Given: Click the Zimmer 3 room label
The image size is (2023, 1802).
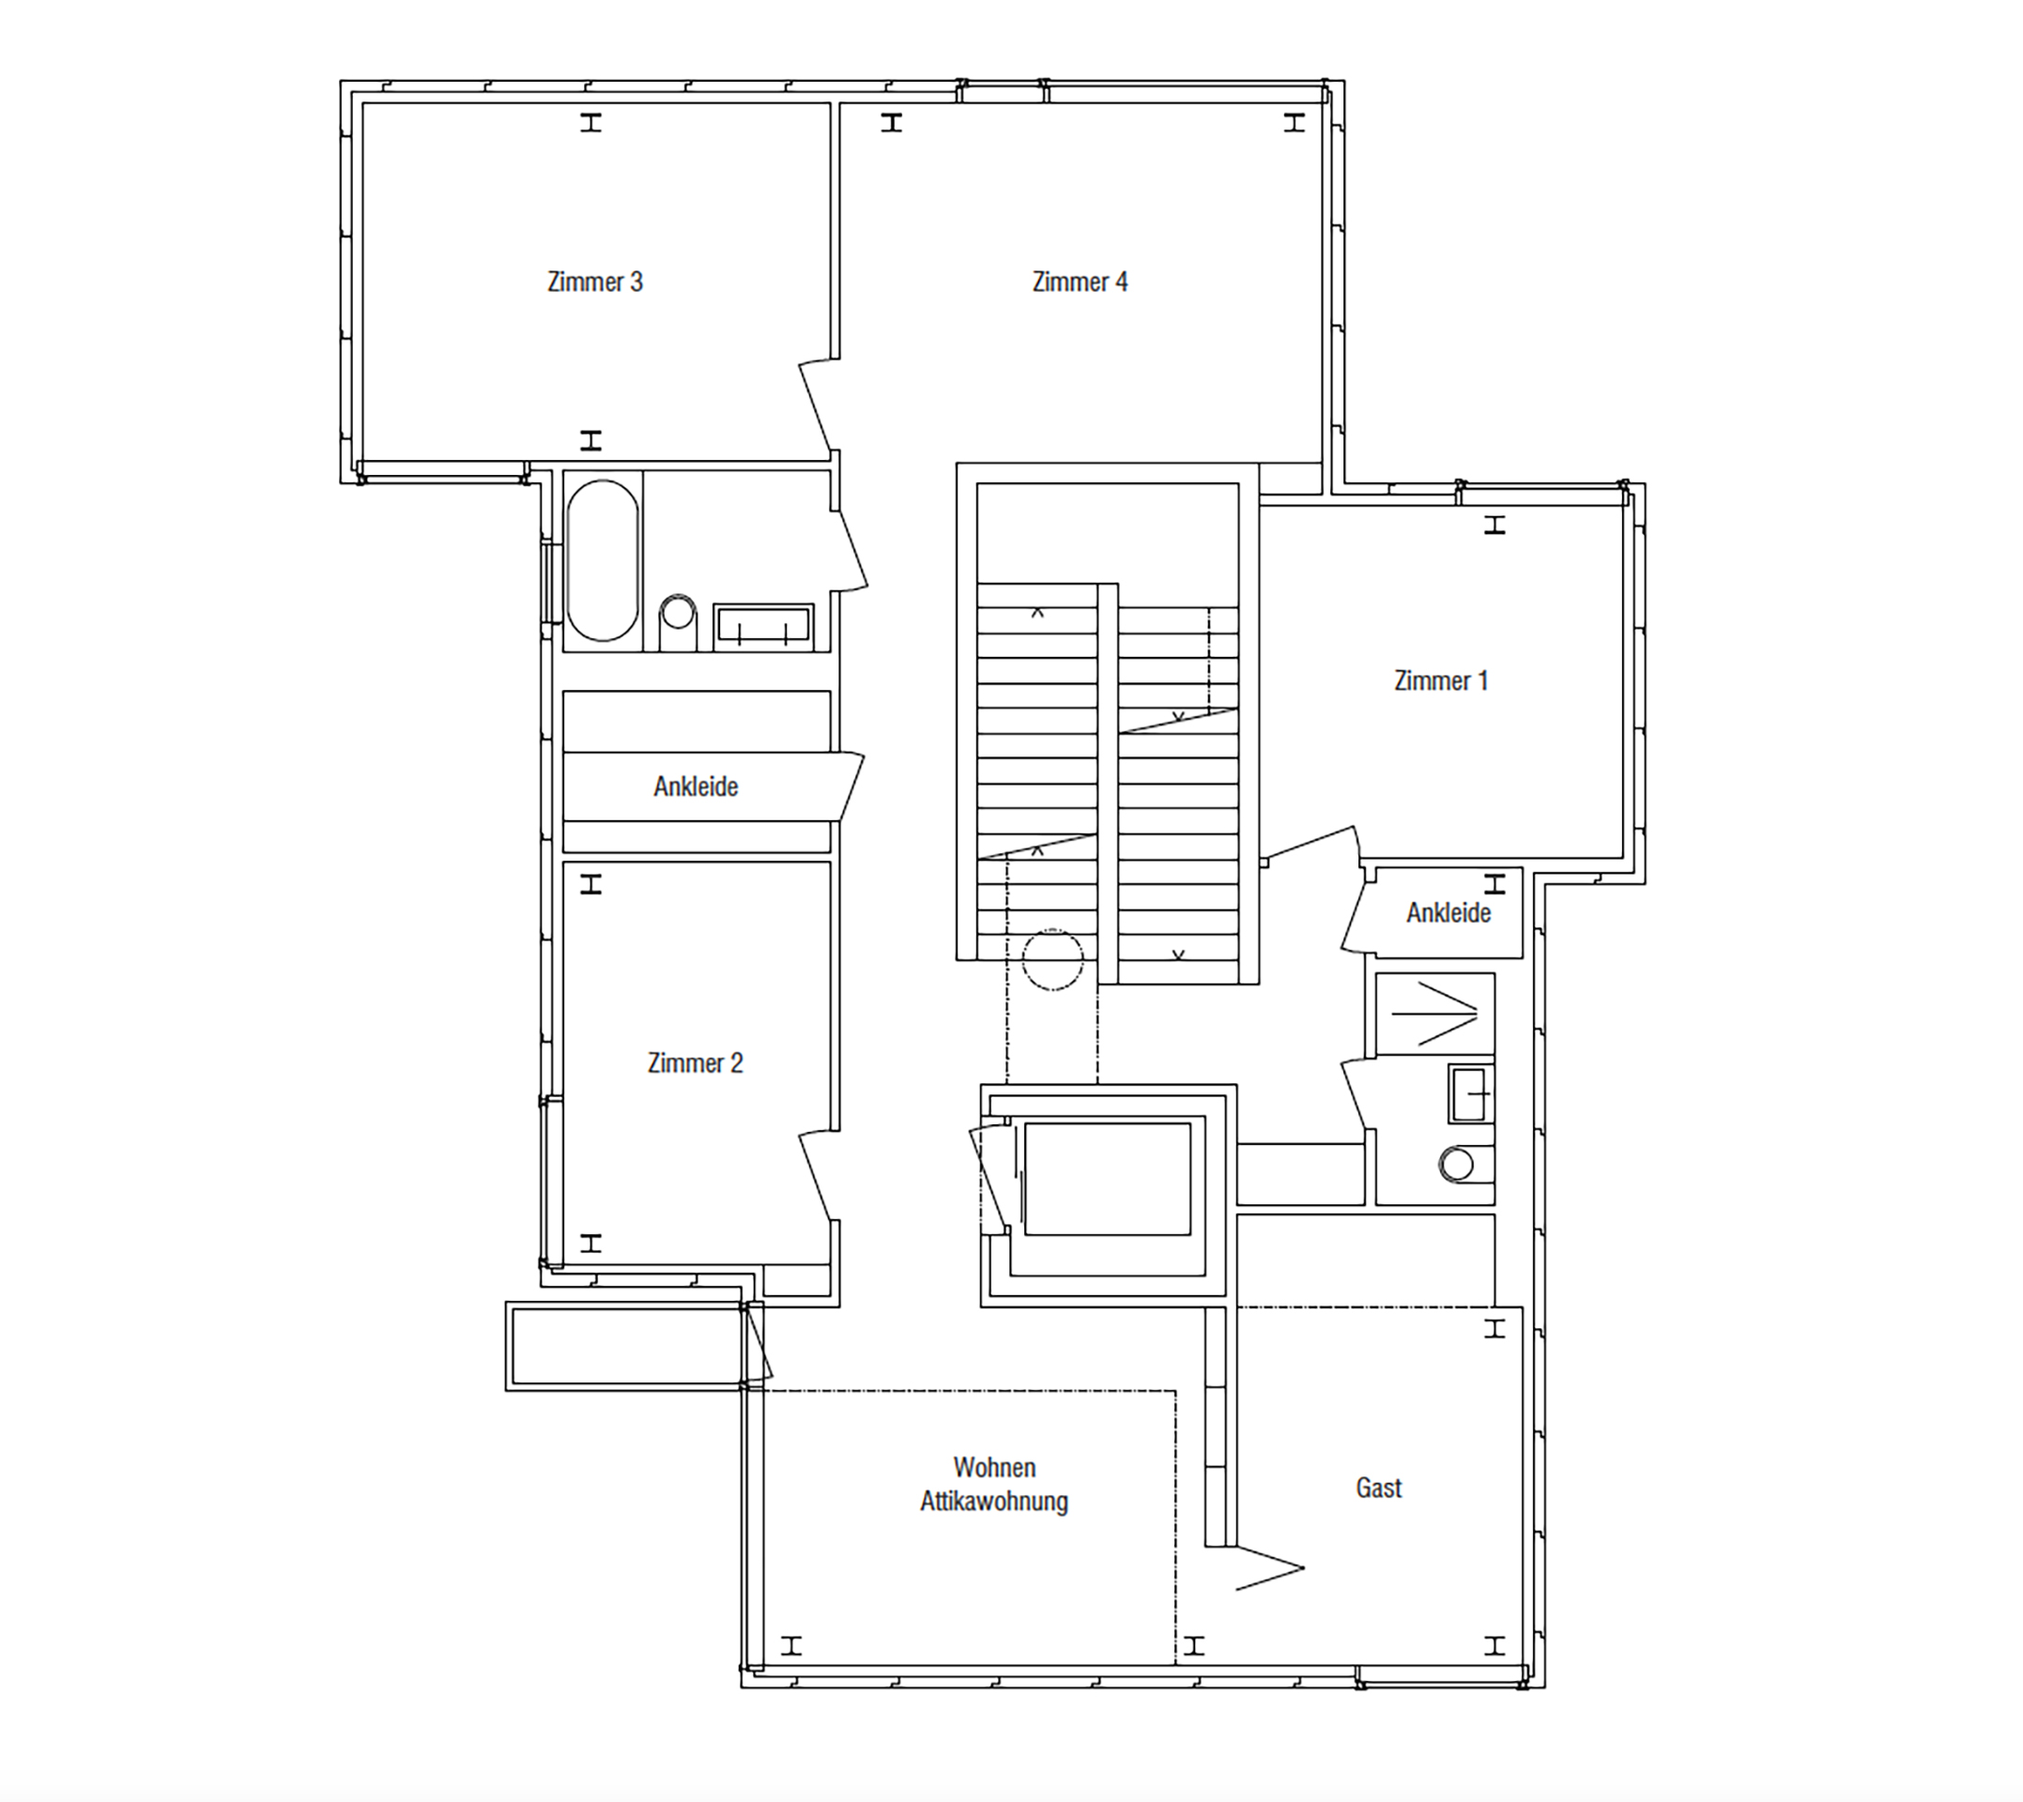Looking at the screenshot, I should [595, 283].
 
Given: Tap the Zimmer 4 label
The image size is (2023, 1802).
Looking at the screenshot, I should [1080, 283].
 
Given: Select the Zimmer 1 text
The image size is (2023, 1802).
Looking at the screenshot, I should [1441, 681].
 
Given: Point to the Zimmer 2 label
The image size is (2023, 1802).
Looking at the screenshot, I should [695, 1063].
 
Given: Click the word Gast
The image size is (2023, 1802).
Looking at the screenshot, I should [1378, 1489].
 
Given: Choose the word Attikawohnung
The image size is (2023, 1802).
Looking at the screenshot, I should [994, 1501].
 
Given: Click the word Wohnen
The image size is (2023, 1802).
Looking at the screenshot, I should [994, 1467].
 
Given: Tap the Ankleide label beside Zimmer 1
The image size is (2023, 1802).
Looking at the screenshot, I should [1448, 913].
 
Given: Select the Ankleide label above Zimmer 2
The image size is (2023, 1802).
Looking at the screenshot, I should [695, 787].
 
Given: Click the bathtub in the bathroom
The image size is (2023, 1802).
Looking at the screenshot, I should [602, 560].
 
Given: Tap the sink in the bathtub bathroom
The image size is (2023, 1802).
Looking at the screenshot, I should [762, 627].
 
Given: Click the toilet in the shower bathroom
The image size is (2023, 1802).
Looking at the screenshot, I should [1460, 1164].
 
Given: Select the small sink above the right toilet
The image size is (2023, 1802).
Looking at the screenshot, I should [1469, 1094].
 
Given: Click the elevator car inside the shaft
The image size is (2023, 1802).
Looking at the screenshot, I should [1107, 1178].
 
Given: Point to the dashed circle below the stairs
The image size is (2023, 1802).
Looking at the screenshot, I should [1051, 959].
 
